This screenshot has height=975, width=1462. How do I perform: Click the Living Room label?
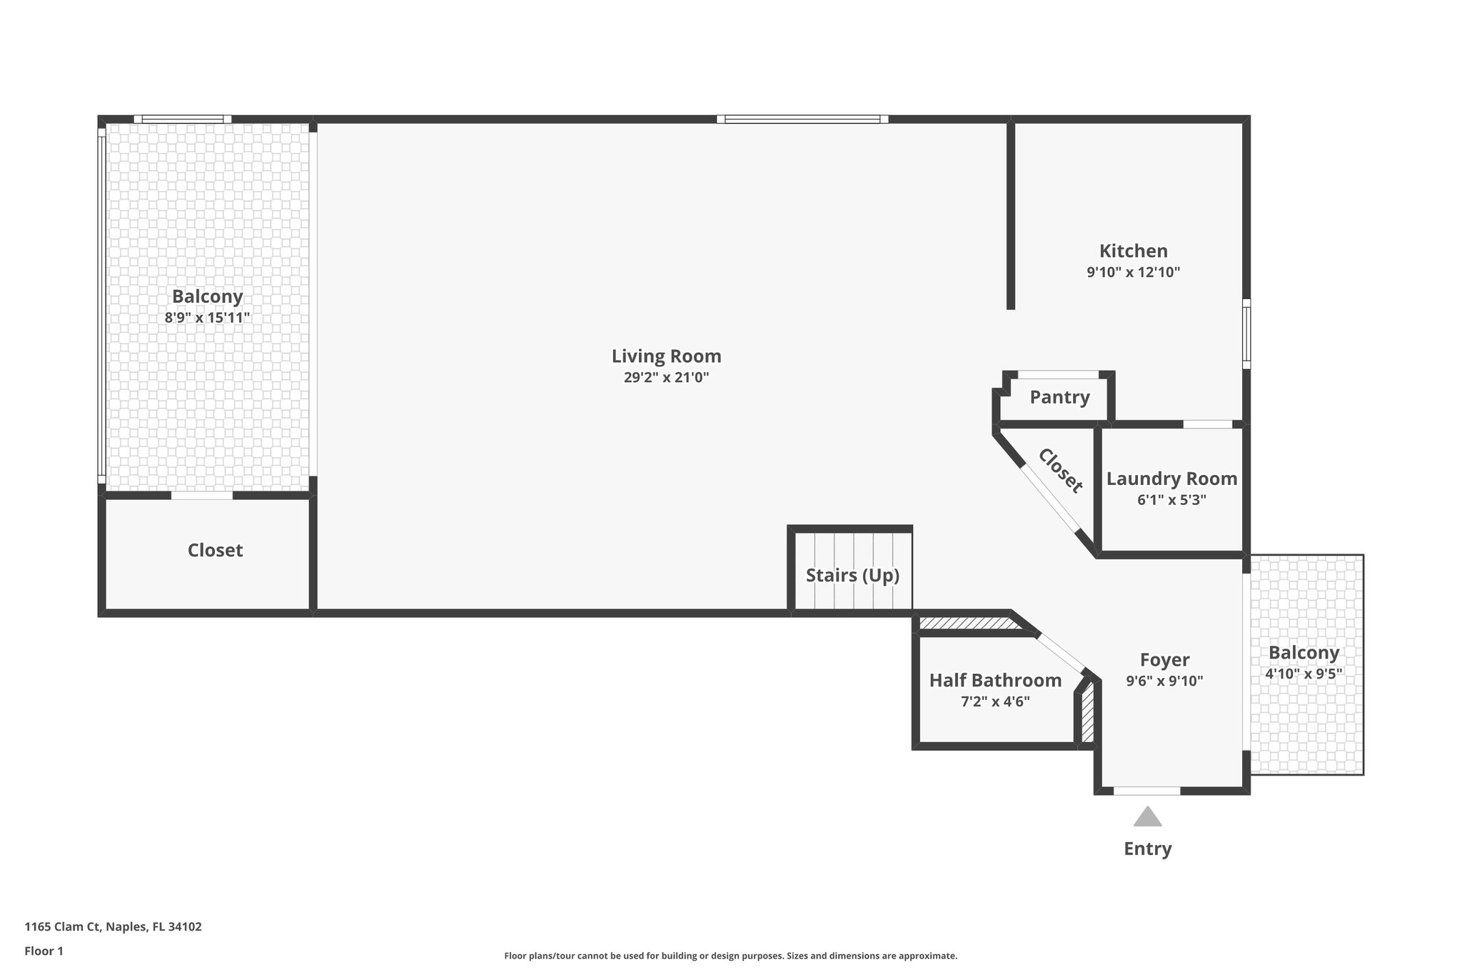[x=666, y=356]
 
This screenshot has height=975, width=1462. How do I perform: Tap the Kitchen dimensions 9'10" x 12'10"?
[x=1133, y=272]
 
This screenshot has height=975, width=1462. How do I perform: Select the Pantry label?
[x=1059, y=397]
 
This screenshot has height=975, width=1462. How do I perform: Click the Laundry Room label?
[x=1171, y=479]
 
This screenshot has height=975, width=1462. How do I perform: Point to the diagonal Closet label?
[x=1060, y=471]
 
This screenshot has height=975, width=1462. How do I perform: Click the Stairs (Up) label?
[x=852, y=575]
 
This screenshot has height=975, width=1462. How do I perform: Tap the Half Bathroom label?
[x=995, y=681]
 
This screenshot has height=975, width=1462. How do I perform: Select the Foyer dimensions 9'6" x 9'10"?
[x=1164, y=681]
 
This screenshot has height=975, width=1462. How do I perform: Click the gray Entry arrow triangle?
[x=1147, y=818]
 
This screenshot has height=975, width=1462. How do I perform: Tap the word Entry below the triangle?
[x=1147, y=849]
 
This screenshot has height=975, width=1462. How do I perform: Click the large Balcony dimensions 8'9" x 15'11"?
[x=207, y=318]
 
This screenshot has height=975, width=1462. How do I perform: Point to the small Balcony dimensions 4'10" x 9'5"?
[x=1304, y=674]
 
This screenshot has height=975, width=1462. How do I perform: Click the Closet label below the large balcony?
[x=215, y=550]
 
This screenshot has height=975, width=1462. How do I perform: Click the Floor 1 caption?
[x=44, y=951]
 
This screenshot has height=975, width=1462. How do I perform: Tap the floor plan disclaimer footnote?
[x=730, y=956]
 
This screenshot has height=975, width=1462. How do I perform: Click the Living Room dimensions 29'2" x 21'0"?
[x=666, y=378]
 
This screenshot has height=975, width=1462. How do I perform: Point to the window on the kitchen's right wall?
[x=1246, y=334]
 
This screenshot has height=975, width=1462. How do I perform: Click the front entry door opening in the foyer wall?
[x=1146, y=791]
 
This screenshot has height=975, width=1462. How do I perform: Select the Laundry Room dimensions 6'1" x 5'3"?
[x=1171, y=500]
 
